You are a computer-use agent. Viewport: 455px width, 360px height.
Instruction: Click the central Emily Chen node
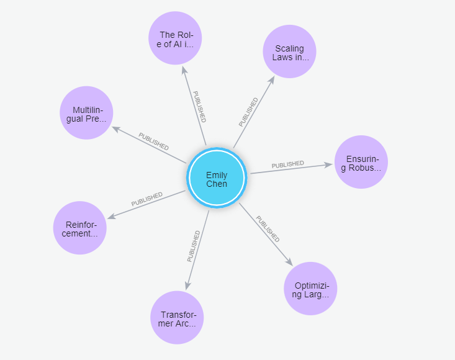coord(217,179)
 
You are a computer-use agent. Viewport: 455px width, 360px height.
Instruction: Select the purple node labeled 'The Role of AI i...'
coord(175,38)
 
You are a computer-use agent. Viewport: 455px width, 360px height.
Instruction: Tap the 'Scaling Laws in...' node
coord(289,52)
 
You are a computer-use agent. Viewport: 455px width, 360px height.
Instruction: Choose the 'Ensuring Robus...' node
coord(361,162)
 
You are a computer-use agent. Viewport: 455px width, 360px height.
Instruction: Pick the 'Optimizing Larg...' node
coord(310,289)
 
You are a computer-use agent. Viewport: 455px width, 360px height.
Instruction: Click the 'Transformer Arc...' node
coord(177,318)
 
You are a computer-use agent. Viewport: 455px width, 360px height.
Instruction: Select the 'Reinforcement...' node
coord(79,228)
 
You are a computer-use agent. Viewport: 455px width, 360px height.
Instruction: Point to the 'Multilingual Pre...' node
coord(86,113)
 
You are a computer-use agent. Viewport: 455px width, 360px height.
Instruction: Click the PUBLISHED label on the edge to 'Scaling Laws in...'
coord(248,112)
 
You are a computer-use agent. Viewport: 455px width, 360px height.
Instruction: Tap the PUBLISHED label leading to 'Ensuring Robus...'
coord(287,164)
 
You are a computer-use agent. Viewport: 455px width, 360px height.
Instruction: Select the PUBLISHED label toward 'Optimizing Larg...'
coord(268,229)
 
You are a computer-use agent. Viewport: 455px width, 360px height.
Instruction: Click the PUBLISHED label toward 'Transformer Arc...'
coord(194,246)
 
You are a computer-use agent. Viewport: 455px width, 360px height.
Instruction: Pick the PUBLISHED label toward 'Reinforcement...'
coord(146,199)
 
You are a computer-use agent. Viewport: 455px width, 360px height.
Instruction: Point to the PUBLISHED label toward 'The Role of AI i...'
coord(199,106)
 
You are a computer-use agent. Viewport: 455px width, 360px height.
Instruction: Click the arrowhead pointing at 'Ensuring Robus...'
coord(330,164)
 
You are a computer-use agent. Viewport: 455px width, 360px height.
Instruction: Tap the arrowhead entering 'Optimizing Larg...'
coord(289,261)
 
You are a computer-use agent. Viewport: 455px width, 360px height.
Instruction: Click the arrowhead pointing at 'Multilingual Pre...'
coord(115,128)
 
